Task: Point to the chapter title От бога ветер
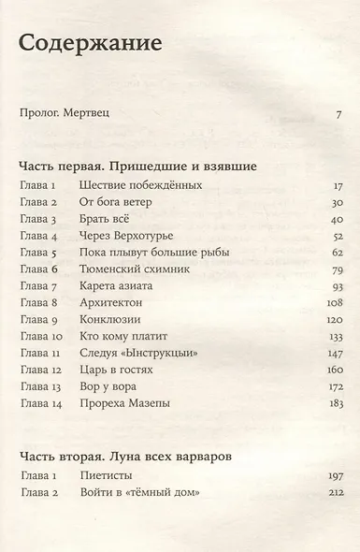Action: click(x=117, y=203)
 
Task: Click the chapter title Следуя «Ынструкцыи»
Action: click(x=137, y=353)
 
